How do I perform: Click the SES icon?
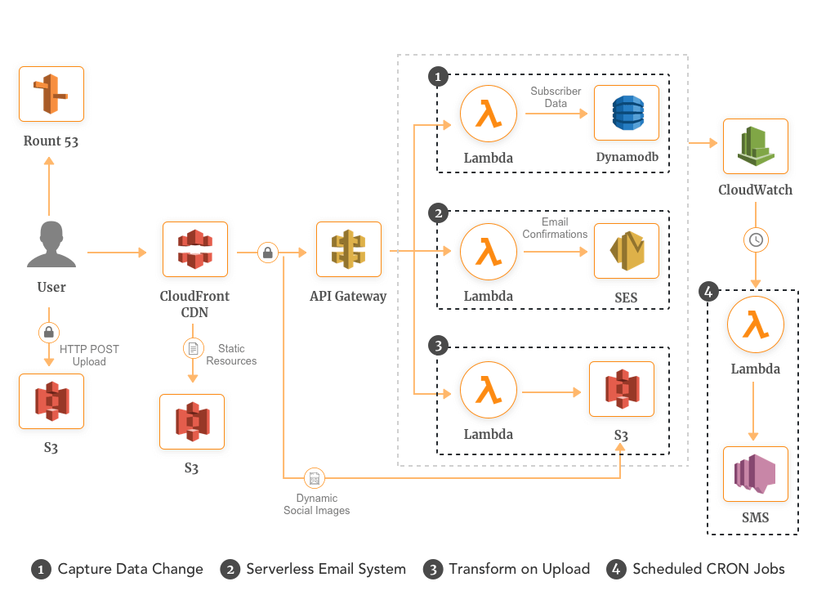(627, 252)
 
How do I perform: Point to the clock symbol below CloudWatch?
(756, 239)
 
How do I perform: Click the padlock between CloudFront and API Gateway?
(268, 253)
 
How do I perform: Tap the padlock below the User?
(49, 332)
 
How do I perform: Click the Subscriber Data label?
(556, 97)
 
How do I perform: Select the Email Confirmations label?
(555, 228)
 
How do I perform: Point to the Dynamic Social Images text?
(316, 504)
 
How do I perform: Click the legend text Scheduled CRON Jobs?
(708, 569)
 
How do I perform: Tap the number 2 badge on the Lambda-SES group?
(439, 213)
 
